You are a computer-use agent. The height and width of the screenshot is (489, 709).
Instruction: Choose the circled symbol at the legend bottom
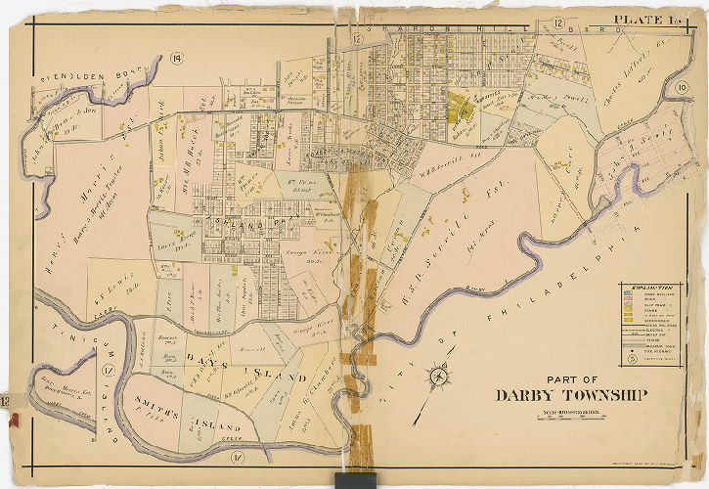(633, 358)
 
